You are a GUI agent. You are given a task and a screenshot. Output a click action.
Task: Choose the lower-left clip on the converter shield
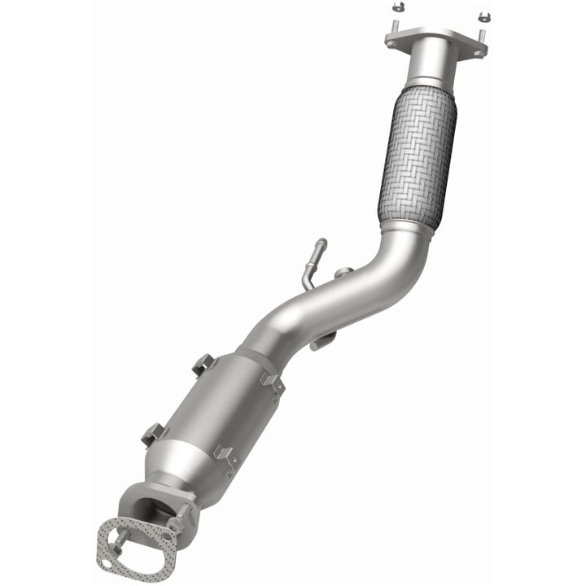pos(152,434)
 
